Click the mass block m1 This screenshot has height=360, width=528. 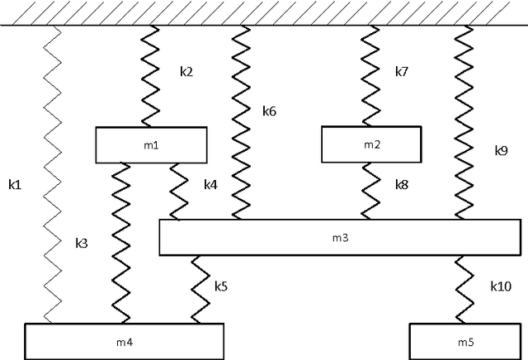[151, 144]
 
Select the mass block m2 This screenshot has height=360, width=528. [372, 144]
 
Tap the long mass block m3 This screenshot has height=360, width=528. [339, 237]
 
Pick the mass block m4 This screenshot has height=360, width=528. [124, 340]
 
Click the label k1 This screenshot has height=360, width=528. [14, 183]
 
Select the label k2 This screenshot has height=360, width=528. [186, 72]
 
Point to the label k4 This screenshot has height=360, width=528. [211, 185]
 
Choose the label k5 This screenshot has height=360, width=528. [221, 287]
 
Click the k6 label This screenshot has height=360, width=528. [270, 110]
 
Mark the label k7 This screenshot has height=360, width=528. [402, 72]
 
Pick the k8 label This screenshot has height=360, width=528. [402, 185]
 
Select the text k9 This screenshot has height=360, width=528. [502, 150]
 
